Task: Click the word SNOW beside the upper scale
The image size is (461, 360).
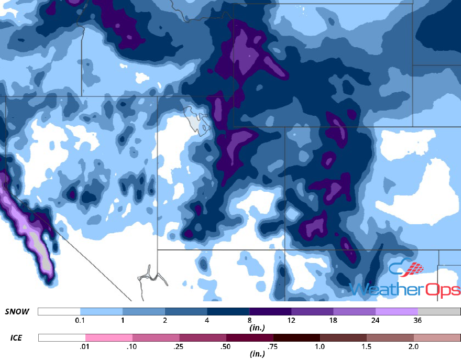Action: point(17,312)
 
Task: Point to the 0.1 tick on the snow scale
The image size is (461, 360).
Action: point(80,320)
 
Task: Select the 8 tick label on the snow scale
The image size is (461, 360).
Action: point(249,320)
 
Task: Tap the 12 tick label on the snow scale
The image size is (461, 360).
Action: point(292,320)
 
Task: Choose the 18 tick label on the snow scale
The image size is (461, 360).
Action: point(334,320)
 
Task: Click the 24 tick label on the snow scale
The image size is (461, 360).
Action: point(376,320)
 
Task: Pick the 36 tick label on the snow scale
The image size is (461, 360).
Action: point(418,320)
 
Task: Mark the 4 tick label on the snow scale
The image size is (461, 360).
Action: point(207,320)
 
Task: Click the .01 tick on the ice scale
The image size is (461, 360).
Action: point(85,346)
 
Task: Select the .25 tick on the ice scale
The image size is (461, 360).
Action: point(179,346)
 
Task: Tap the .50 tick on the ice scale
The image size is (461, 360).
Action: point(226,346)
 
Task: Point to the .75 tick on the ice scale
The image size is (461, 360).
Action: point(273,346)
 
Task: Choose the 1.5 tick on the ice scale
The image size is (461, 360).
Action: point(367,346)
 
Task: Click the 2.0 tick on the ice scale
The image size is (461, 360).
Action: point(413,346)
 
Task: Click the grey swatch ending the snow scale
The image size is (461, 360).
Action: point(439,312)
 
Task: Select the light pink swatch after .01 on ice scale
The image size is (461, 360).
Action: point(109,337)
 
